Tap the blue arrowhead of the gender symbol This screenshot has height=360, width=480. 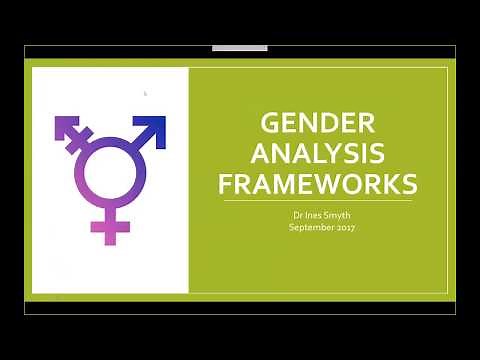(153, 127)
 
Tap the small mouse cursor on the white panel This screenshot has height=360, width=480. (145, 94)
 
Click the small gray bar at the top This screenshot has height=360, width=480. (240, 48)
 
